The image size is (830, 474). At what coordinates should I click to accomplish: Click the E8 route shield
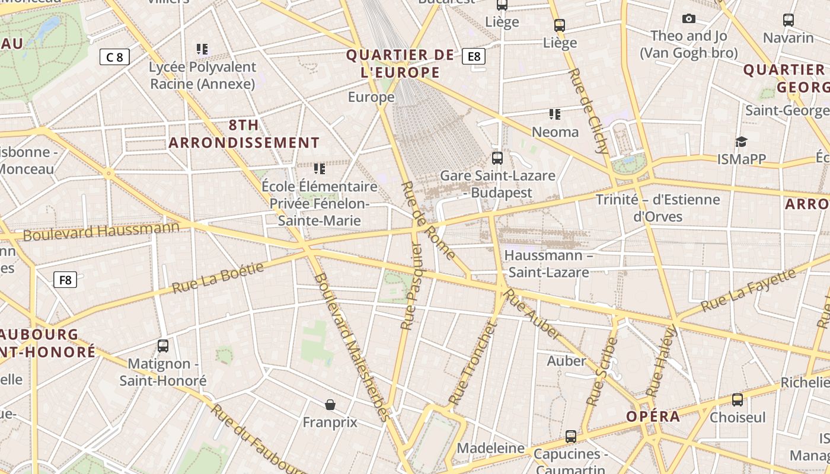point(474,56)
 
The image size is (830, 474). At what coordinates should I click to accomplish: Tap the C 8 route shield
point(114,57)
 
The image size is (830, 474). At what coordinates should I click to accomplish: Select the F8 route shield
point(65,279)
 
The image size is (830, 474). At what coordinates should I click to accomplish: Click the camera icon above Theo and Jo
point(688,19)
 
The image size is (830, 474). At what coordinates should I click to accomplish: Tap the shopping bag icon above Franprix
point(330,405)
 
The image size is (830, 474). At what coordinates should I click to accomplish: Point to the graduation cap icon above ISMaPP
point(741,142)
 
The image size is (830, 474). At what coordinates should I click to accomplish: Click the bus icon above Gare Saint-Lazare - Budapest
point(497,158)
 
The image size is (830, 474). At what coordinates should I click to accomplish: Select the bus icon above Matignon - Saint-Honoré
point(163,345)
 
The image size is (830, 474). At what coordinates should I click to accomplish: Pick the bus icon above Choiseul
point(738,400)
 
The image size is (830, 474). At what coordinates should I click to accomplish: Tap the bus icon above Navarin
point(788,20)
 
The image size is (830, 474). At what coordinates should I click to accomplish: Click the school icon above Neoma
point(555,114)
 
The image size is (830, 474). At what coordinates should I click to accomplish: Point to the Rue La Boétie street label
point(218,278)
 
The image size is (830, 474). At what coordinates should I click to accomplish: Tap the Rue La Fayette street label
point(748,290)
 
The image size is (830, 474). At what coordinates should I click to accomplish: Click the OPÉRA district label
point(653,416)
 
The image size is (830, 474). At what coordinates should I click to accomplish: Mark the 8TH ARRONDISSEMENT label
point(244,134)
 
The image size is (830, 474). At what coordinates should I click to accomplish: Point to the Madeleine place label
point(491,448)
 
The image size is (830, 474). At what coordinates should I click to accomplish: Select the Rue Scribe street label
point(602,371)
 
